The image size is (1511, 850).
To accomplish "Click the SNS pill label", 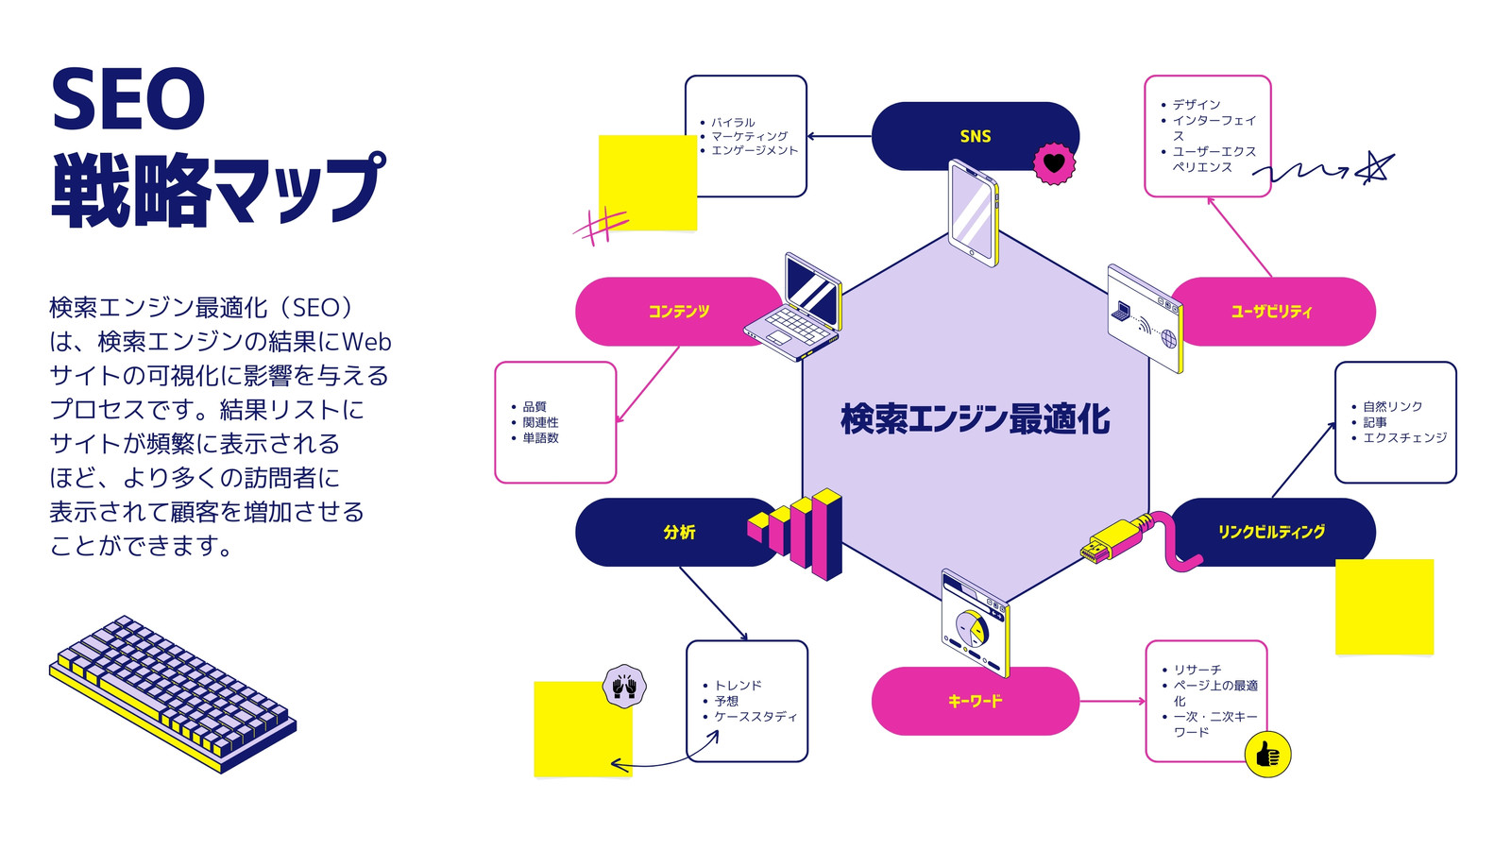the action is [x=976, y=136].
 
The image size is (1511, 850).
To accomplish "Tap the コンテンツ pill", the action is [x=679, y=312].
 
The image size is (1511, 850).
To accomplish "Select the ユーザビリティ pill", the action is [x=1272, y=312].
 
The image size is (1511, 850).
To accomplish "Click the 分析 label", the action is [x=679, y=533].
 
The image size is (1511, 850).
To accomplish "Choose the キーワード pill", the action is [x=976, y=701].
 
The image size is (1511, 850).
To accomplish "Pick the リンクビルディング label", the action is [x=1271, y=533].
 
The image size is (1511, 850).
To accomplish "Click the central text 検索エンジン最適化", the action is [x=976, y=419].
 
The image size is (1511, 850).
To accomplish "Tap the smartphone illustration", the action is [x=974, y=213].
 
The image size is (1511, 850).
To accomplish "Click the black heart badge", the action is [x=1054, y=163].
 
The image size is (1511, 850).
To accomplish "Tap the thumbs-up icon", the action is [x=1267, y=755].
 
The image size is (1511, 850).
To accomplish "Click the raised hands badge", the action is [x=624, y=687].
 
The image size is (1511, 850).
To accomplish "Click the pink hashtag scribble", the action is [x=602, y=226].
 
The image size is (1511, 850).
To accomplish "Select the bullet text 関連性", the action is [x=540, y=422].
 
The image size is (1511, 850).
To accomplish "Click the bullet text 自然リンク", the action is [x=1392, y=407].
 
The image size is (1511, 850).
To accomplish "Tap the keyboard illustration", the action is [x=173, y=694].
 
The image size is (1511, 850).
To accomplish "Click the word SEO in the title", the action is [x=128, y=98].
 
